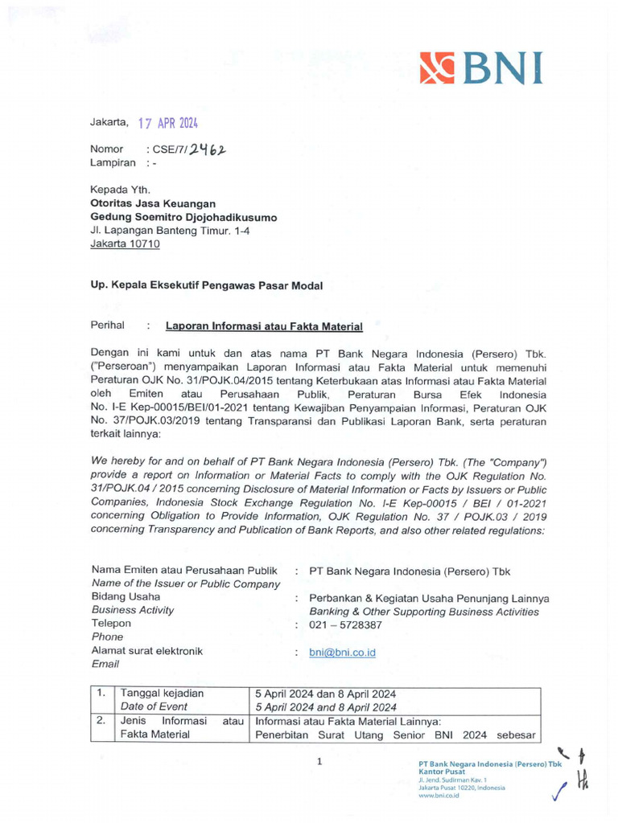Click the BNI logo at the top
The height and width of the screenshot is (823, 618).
click(x=480, y=68)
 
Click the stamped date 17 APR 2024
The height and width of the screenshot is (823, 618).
click(x=167, y=123)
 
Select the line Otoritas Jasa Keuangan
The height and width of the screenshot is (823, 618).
click(x=152, y=204)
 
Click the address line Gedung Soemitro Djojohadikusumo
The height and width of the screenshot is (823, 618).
click(x=183, y=218)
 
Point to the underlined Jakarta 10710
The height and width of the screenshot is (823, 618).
click(x=125, y=244)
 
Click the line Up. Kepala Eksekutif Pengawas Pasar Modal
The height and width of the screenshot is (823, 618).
click(x=206, y=285)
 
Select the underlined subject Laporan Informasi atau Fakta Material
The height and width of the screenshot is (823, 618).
click(x=264, y=326)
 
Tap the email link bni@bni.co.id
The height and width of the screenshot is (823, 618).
click(x=342, y=653)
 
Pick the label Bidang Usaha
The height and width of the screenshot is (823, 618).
click(x=126, y=597)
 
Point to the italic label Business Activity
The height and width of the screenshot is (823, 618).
click(x=132, y=610)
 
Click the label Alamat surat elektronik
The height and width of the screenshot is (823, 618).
click(x=146, y=651)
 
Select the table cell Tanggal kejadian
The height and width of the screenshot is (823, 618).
click(x=162, y=694)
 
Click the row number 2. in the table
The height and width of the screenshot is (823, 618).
click(x=101, y=721)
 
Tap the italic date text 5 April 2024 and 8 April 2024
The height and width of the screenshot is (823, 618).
click(x=326, y=707)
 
